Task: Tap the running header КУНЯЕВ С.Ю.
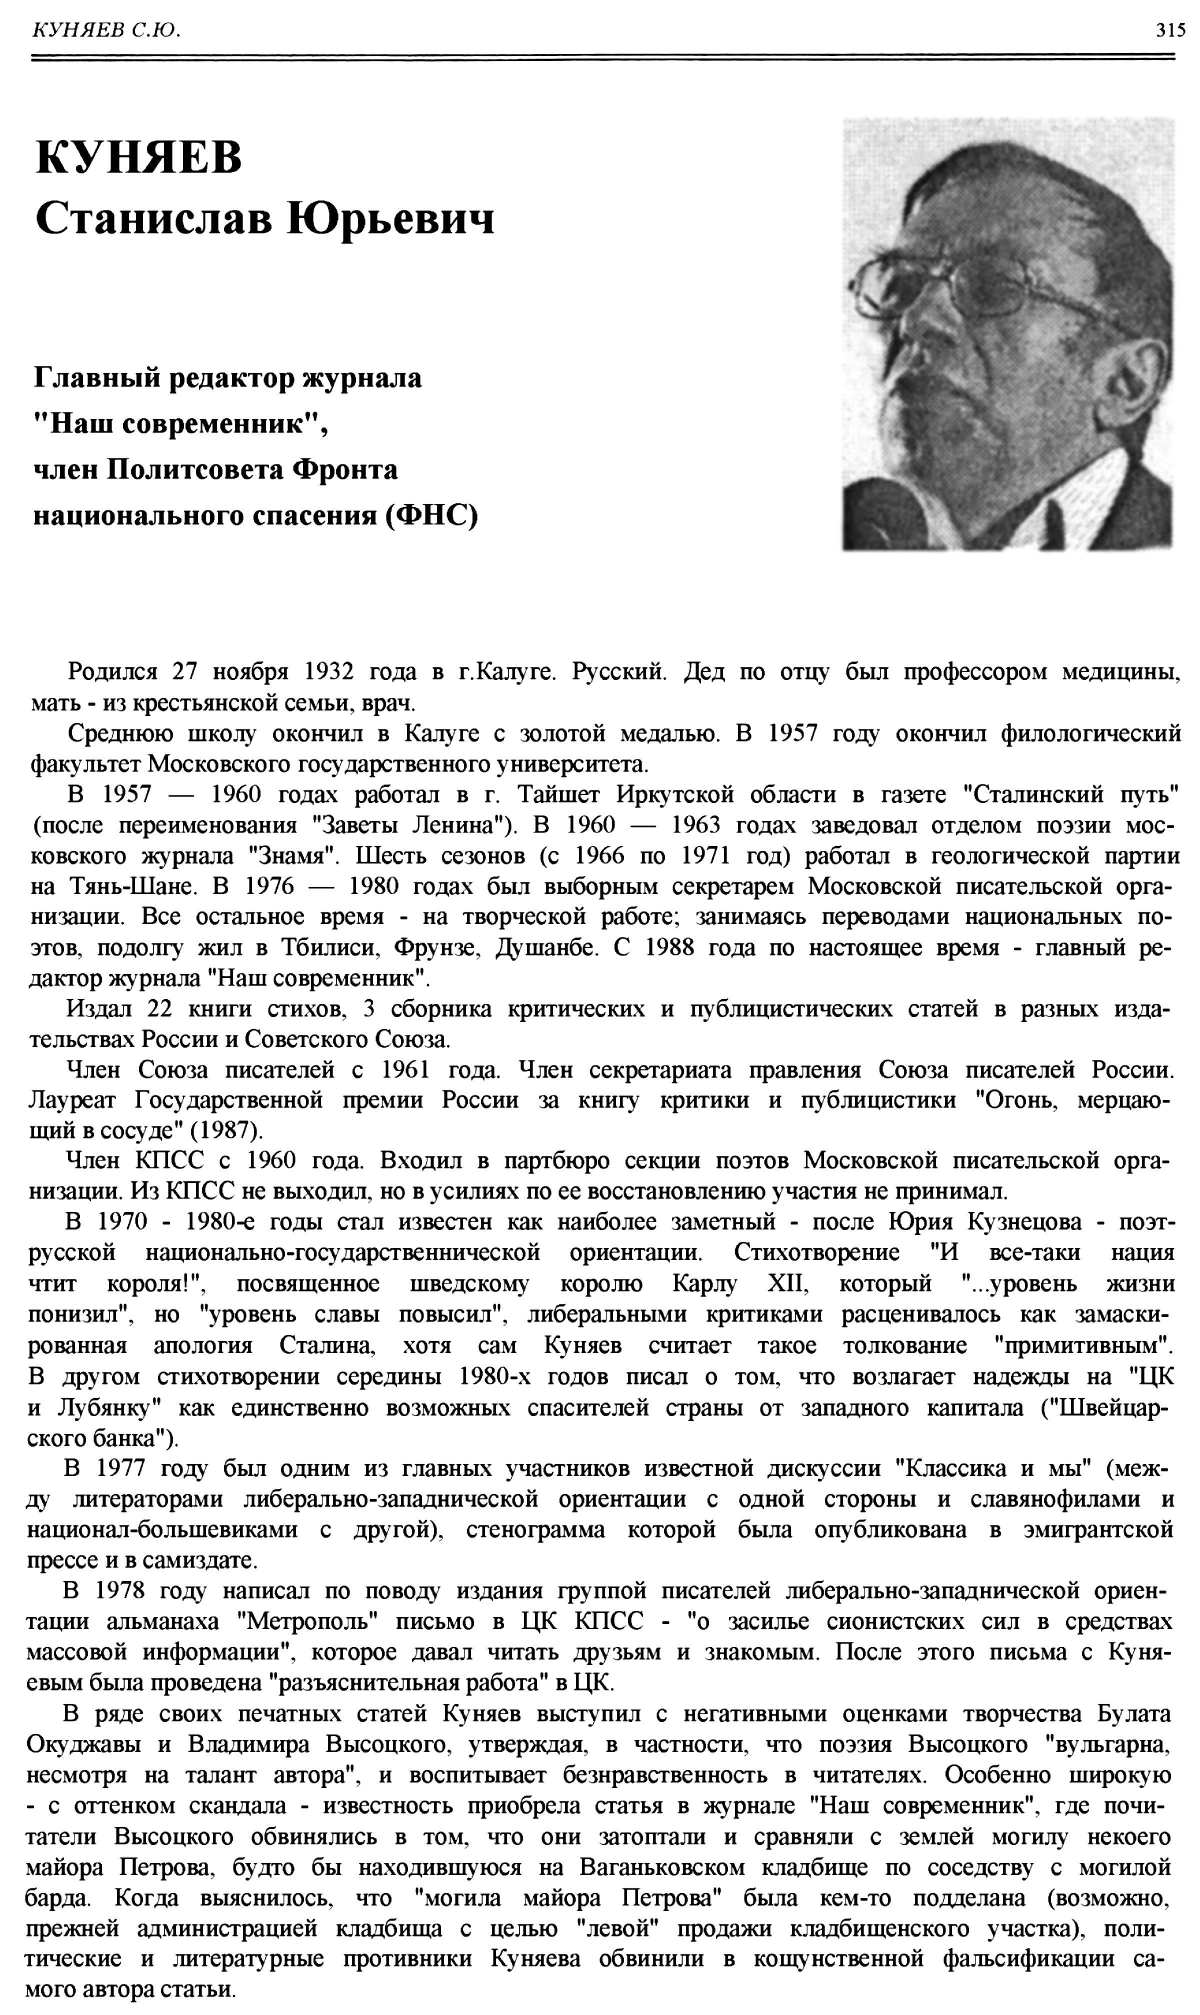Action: [105, 30]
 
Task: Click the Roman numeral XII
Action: [782, 1284]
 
